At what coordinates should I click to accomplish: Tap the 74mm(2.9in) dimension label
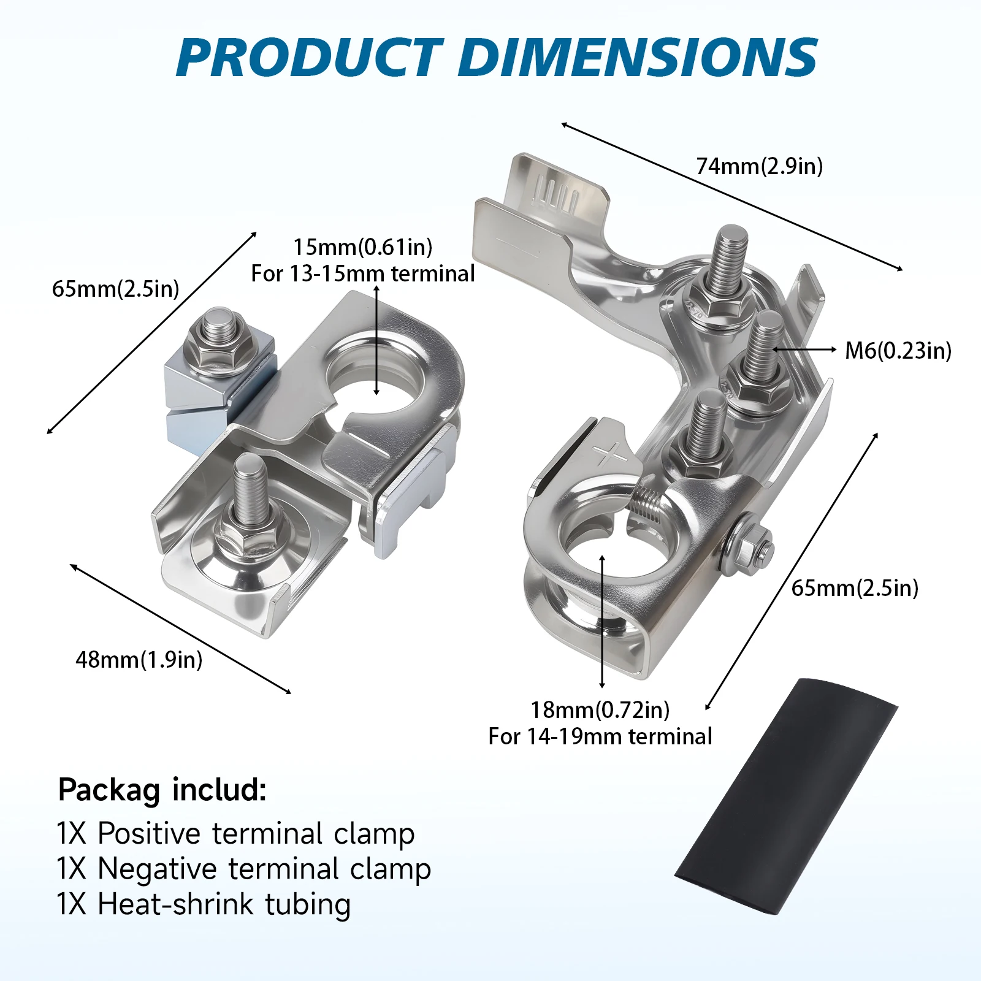759,166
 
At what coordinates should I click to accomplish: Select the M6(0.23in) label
898,351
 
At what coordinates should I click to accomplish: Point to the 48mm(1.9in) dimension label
139,660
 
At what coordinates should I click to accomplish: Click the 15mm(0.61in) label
362,247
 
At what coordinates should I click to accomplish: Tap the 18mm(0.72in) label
600,710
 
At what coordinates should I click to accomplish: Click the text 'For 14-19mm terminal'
600,736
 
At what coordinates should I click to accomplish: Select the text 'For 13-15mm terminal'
362,273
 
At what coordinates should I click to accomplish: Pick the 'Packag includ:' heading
162,790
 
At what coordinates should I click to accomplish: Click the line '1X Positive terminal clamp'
235,834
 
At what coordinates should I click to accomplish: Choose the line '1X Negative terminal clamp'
243,869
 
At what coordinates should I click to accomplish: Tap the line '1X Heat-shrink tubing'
204,904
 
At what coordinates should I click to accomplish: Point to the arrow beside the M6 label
804,349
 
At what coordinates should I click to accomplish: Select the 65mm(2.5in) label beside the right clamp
855,588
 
